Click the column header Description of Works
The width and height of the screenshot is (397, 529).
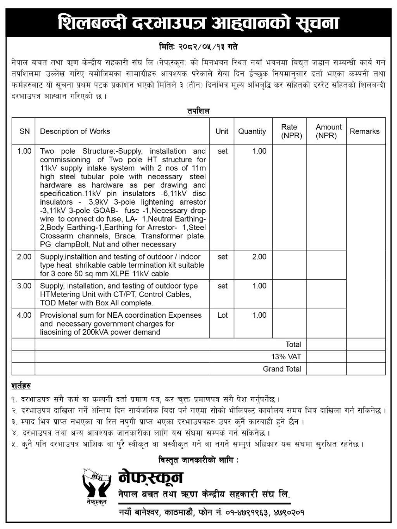[75, 131]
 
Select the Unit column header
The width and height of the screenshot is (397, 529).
[222, 131]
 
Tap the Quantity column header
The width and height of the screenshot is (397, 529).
[252, 131]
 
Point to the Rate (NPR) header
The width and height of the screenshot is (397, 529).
[289, 131]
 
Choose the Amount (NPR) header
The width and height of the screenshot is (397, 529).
[328, 131]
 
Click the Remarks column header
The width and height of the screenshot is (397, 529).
[364, 131]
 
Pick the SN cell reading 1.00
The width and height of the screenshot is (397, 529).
[24, 151]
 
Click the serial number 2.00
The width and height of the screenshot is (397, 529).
[24, 257]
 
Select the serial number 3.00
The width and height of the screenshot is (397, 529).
[24, 286]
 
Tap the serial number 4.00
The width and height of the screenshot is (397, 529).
[24, 315]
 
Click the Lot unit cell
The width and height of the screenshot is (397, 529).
[223, 315]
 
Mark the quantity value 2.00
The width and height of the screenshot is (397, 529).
[259, 257]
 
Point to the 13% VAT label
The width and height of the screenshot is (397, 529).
[286, 357]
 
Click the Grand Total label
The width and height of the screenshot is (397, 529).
[282, 369]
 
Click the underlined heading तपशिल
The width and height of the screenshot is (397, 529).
[198, 111]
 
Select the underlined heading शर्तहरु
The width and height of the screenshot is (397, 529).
[21, 386]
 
